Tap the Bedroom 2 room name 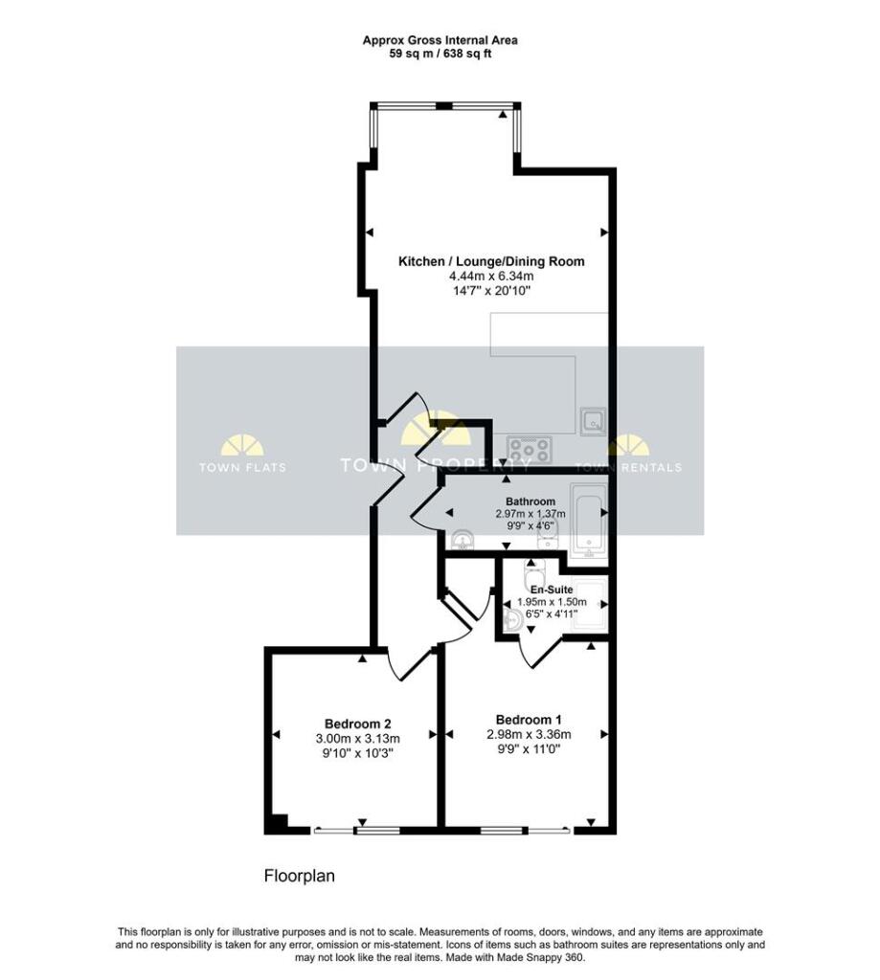(358, 724)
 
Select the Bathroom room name (530, 501)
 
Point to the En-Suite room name (552, 590)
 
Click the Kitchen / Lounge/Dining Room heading (491, 261)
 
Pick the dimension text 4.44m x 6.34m (491, 277)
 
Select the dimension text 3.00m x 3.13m (358, 739)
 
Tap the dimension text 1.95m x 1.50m (552, 603)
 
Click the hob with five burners (530, 450)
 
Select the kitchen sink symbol (593, 421)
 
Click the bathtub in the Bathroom (589, 520)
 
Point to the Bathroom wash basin (463, 540)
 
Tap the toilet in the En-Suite (533, 570)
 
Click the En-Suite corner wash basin (513, 620)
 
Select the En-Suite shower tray (589, 603)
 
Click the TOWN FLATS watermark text (242, 467)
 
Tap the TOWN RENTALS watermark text (628, 467)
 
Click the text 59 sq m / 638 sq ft (440, 54)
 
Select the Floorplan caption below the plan (300, 877)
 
